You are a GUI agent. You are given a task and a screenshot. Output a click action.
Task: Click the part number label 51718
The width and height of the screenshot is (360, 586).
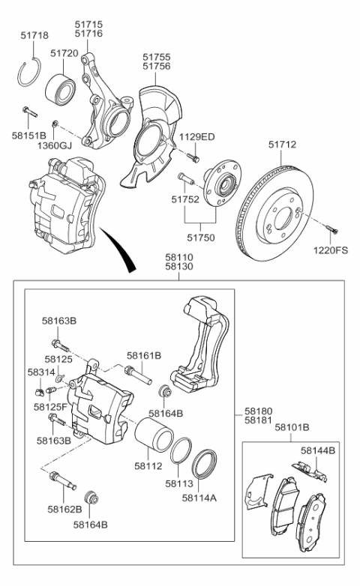34,35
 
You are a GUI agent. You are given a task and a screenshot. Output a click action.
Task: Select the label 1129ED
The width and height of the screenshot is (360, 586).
196,136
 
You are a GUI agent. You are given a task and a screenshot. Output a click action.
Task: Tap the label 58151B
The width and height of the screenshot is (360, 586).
29,136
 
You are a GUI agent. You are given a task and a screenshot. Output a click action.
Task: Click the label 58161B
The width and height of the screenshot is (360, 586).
145,356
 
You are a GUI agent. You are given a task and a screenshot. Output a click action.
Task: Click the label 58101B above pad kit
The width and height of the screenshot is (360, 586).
292,427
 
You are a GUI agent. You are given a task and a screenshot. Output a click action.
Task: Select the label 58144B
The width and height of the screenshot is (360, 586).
319,450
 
